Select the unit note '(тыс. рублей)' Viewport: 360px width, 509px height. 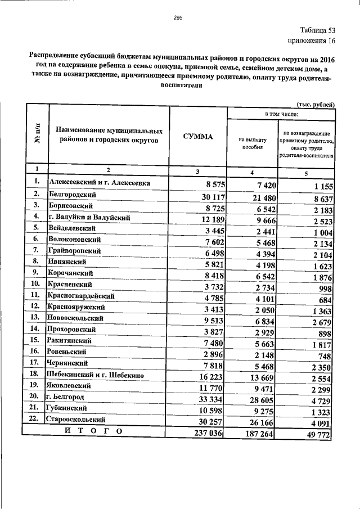point(316,104)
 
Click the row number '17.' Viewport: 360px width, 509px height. point(35,363)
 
